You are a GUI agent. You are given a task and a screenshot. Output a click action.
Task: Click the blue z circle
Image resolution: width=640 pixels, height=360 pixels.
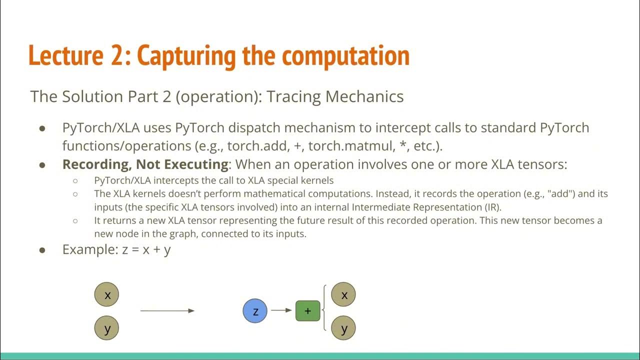[255, 311]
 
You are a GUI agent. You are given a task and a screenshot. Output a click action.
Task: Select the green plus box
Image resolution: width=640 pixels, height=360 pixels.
[307, 311]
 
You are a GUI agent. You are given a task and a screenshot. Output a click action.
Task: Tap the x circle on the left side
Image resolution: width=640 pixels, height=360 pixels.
[106, 295]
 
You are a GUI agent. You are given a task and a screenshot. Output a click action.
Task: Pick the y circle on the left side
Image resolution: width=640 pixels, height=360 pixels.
[106, 328]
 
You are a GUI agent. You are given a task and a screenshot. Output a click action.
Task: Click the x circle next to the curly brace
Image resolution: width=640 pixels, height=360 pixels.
[343, 295]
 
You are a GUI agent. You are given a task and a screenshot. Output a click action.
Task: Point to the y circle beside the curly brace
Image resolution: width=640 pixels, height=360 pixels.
[343, 328]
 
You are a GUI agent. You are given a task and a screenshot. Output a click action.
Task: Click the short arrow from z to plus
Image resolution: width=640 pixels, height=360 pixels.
[281, 310]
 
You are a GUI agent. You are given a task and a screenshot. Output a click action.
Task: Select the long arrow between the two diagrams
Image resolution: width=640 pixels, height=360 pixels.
[167, 310]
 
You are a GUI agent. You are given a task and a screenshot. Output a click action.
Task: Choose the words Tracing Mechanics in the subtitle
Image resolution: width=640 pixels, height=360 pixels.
[335, 96]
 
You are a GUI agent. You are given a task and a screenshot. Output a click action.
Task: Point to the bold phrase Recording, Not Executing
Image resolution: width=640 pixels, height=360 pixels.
[145, 164]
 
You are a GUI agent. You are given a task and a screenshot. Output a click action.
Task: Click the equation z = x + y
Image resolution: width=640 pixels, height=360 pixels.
[146, 249]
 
